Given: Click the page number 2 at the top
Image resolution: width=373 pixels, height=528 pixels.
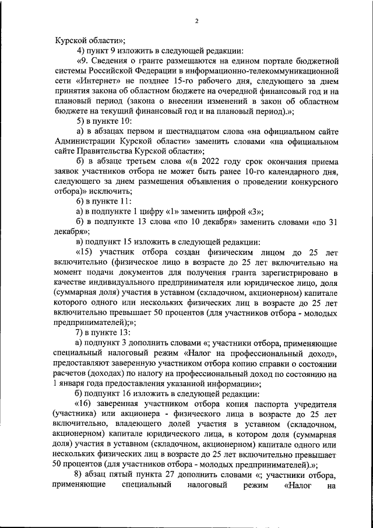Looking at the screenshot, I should pyautogui.click(x=196, y=21).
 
